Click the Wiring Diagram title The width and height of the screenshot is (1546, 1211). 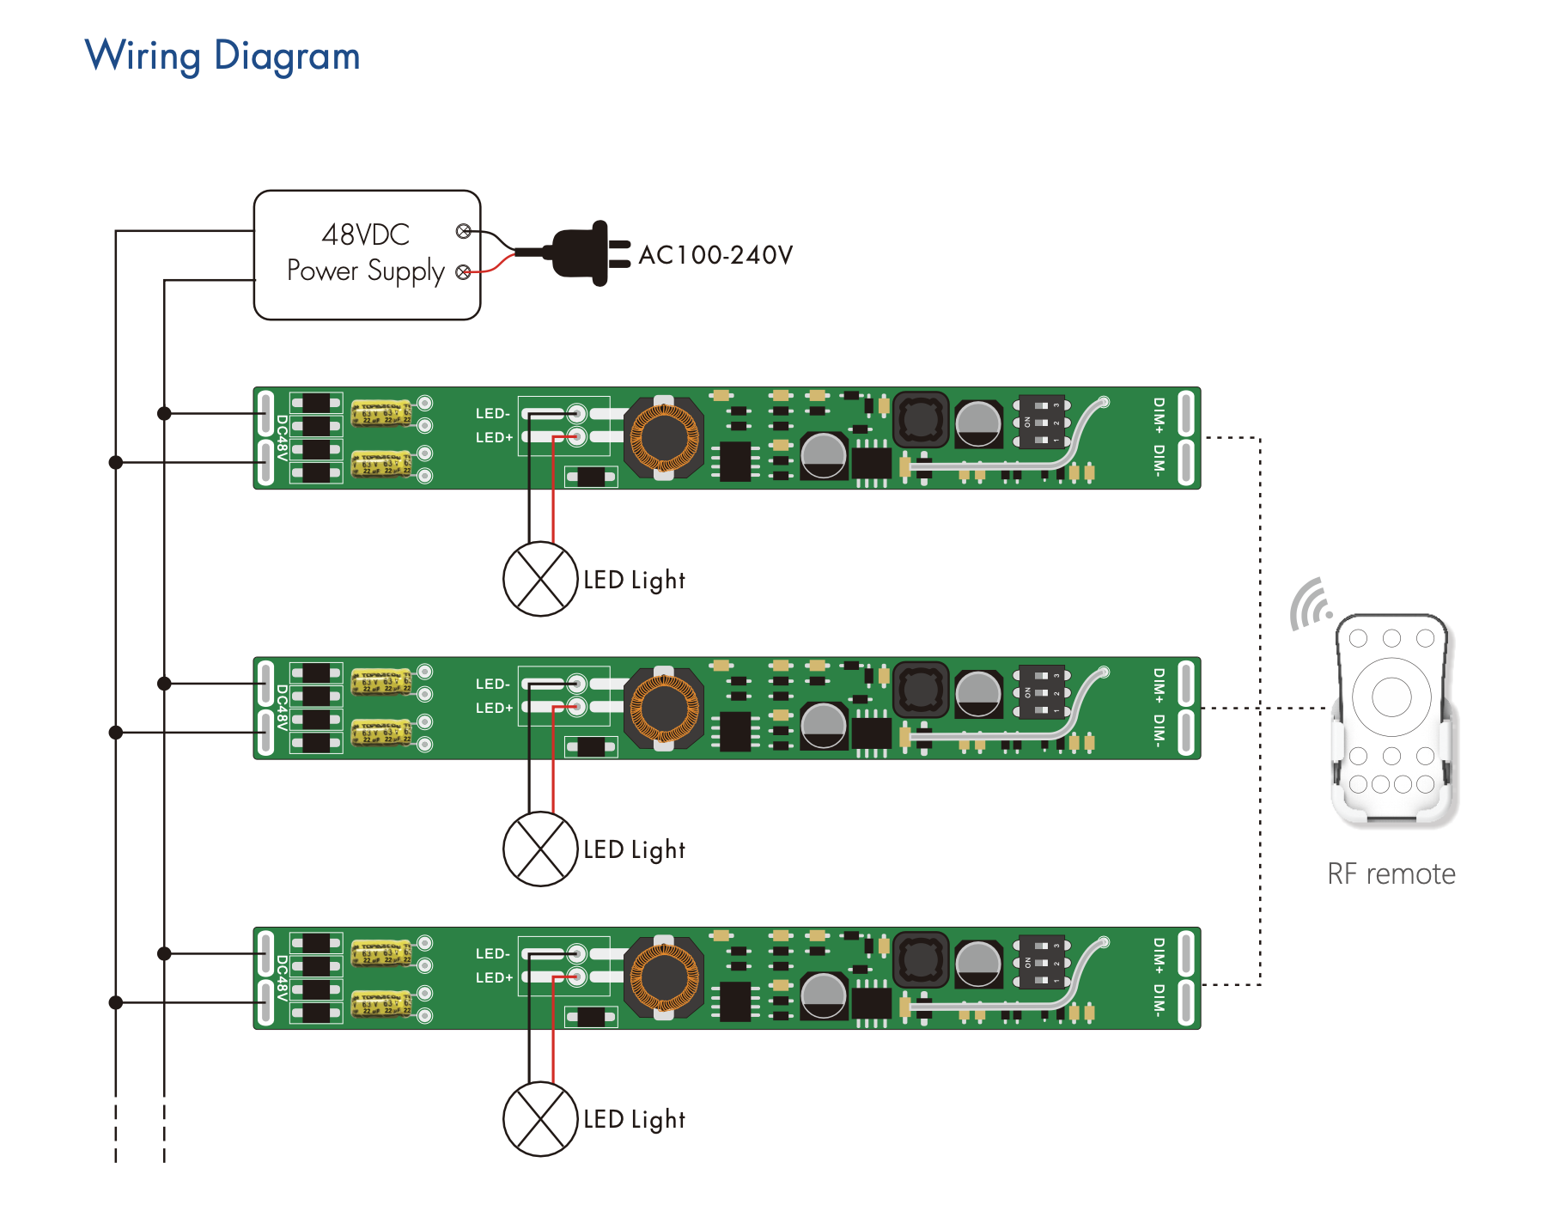tap(222, 57)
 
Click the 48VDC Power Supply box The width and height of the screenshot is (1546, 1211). tap(367, 255)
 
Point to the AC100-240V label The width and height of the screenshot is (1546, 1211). tap(715, 255)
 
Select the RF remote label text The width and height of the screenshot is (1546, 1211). tap(1391, 874)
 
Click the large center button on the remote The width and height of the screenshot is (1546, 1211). tap(1391, 697)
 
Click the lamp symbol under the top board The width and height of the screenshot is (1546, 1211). tap(540, 579)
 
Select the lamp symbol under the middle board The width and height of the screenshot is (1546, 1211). tap(540, 849)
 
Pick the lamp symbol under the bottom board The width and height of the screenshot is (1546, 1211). tap(540, 1119)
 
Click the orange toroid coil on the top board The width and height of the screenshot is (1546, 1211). tap(664, 438)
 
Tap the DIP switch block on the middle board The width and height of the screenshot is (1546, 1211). tap(1041, 691)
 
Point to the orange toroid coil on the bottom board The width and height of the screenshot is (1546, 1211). tap(664, 978)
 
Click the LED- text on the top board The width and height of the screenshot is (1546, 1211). tap(493, 414)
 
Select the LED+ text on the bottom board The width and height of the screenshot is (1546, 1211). tap(494, 978)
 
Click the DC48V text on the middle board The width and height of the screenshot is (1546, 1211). tap(281, 708)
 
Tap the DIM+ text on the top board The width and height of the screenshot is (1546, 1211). tap(1159, 415)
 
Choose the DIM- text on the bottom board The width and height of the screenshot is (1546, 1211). tap(1159, 1001)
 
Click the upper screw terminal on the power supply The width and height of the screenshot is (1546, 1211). tap(464, 231)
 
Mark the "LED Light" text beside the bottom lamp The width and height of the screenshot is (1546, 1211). tap(634, 1120)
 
